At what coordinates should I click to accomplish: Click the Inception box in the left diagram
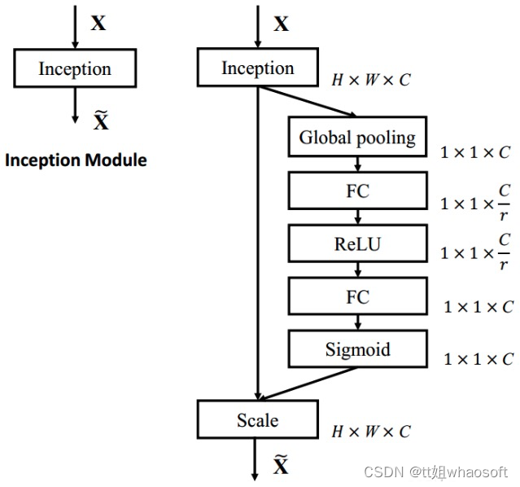tap(74, 68)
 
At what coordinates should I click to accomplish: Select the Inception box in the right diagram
tap(257, 68)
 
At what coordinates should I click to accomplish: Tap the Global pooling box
tap(357, 138)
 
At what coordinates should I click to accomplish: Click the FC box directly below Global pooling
tap(357, 191)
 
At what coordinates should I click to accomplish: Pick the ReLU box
tap(357, 244)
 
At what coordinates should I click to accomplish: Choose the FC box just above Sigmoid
tap(357, 297)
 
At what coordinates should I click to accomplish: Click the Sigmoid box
tap(357, 350)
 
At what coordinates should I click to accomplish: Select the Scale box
tap(257, 420)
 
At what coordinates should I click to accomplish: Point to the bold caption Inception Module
tap(76, 160)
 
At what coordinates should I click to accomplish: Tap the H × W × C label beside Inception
tap(370, 81)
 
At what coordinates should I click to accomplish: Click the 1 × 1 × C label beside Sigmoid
tap(478, 358)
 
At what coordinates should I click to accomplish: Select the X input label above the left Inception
tap(98, 23)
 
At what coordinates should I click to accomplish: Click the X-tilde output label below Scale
tap(280, 466)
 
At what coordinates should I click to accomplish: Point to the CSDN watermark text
tap(435, 472)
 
